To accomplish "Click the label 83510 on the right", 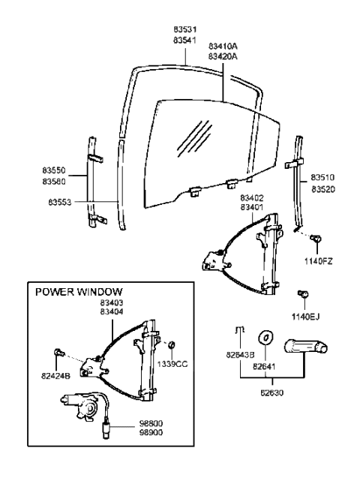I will [x=324, y=179].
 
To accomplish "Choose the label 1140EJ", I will [x=305, y=316].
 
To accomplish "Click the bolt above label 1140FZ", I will [x=317, y=239].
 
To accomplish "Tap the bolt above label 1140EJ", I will [x=304, y=294].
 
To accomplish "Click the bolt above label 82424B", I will [x=59, y=353].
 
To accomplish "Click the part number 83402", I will [x=251, y=198].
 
